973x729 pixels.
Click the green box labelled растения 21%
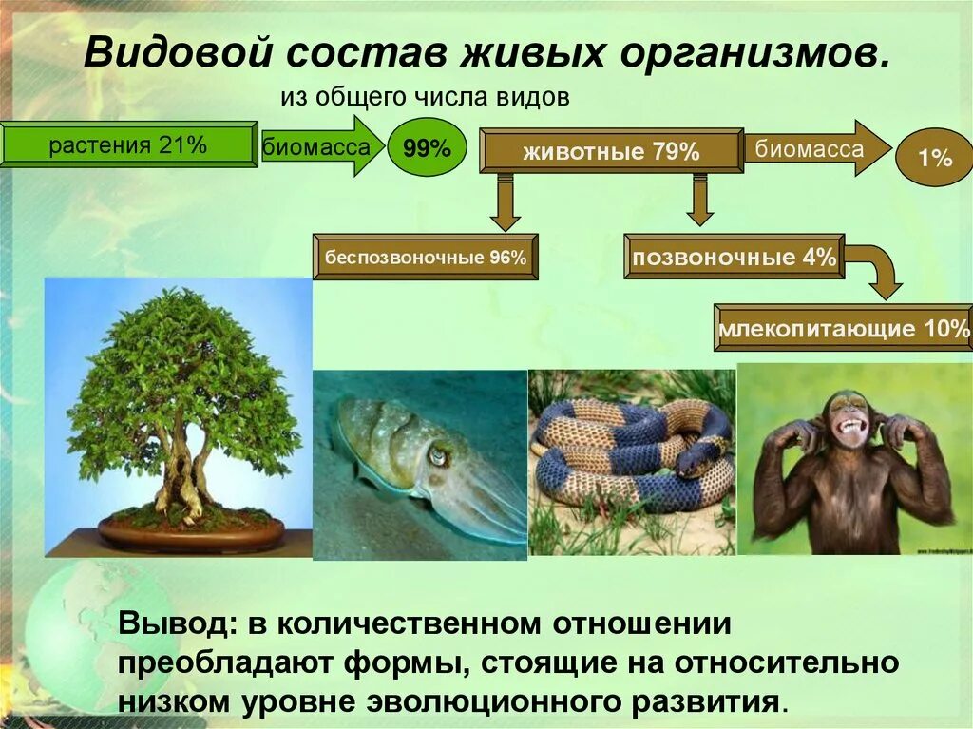[128, 144]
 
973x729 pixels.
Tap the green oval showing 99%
[427, 147]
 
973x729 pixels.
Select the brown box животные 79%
[611, 151]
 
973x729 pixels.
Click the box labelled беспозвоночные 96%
[425, 257]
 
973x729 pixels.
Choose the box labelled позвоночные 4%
[735, 257]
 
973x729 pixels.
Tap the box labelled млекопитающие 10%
[844, 328]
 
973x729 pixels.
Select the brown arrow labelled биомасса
[818, 149]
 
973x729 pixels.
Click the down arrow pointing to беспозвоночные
[506, 202]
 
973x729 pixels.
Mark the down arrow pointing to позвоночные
[700, 200]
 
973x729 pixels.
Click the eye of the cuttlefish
[438, 457]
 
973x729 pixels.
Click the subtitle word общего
[352, 98]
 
